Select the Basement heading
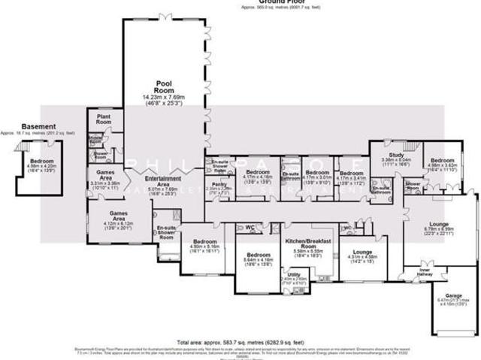(x=38, y=126)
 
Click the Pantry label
(x=219, y=184)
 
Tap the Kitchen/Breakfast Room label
(x=304, y=244)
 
